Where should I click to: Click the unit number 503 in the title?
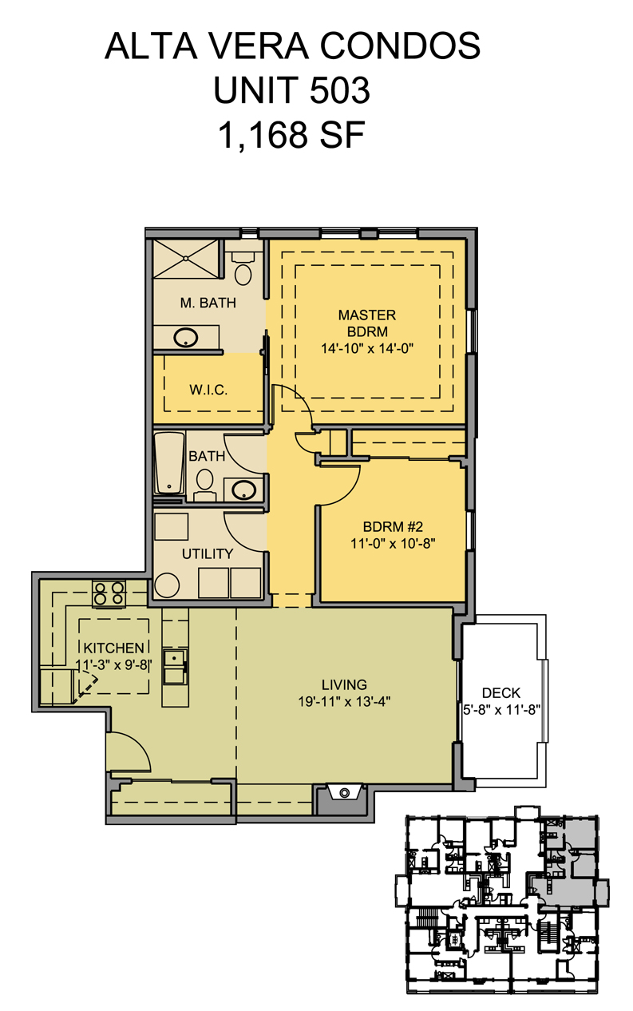[x=339, y=90]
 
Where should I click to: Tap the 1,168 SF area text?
[x=291, y=135]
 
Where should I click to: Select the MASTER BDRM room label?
[x=367, y=323]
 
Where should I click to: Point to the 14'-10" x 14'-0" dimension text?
[x=367, y=348]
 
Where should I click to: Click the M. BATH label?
[x=208, y=303]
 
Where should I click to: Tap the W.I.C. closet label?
[x=208, y=390]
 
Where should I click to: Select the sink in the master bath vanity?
[x=186, y=338]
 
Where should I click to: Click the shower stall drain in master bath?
[x=185, y=258]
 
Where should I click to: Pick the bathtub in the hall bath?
[x=169, y=463]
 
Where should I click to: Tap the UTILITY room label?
[x=208, y=553]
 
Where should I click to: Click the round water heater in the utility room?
[x=167, y=586]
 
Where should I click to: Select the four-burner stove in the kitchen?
[x=109, y=593]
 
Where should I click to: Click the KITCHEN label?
[x=113, y=648]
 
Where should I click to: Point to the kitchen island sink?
[x=175, y=667]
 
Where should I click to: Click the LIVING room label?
[x=344, y=684]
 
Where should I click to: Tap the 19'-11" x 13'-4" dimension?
[x=344, y=701]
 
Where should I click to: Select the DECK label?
[x=501, y=693]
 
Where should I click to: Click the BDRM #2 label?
[x=393, y=527]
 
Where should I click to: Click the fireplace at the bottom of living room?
[x=345, y=792]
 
